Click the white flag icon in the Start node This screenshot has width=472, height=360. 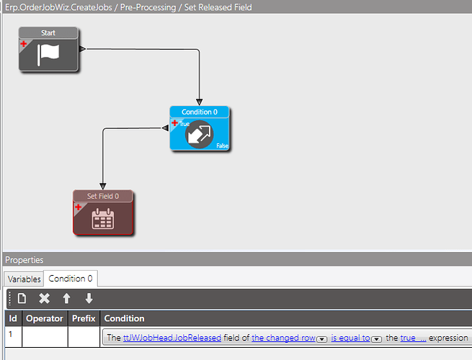click(48, 55)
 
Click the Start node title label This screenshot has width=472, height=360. click(48, 33)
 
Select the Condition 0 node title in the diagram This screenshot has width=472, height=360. click(200, 112)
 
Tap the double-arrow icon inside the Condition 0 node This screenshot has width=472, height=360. click(200, 135)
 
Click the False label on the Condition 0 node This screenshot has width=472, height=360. click(223, 146)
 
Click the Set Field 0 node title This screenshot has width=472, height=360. click(103, 196)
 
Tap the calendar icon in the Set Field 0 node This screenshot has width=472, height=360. click(102, 219)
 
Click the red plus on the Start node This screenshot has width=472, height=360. click(24, 44)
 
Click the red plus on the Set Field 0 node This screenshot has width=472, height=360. click(79, 207)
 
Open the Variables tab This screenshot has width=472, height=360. click(24, 279)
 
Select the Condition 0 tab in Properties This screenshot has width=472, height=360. click(71, 279)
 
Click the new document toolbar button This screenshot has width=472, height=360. click(22, 298)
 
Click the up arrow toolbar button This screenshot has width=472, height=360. click(66, 298)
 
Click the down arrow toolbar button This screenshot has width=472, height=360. click(89, 298)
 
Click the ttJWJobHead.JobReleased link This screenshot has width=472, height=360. click(172, 338)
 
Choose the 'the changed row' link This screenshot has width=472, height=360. click(283, 338)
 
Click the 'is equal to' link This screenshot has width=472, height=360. click(350, 338)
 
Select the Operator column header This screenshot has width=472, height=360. click(45, 318)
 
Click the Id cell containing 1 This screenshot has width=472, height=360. click(11, 334)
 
